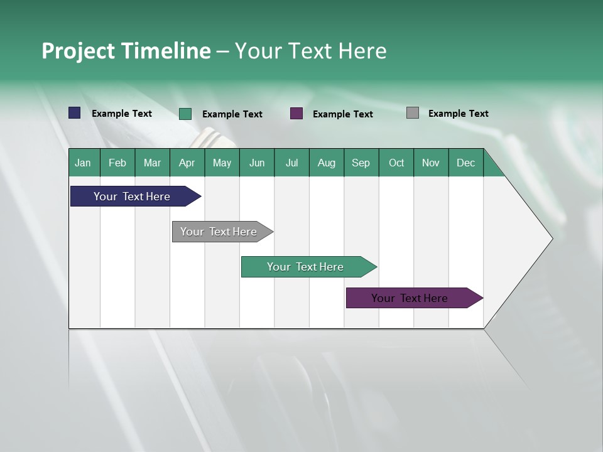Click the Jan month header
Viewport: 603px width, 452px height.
pyautogui.click(x=83, y=163)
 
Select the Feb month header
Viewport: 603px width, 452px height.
pyautogui.click(x=117, y=163)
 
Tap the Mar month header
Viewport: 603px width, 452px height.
pyautogui.click(x=152, y=163)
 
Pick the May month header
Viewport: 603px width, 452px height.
pyautogui.click(x=222, y=163)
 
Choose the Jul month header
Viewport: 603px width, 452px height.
pyautogui.click(x=291, y=163)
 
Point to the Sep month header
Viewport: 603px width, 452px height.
pyautogui.click(x=361, y=163)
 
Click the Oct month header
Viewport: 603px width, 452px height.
pyautogui.click(x=396, y=163)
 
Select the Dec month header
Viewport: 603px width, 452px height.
pyautogui.click(x=465, y=163)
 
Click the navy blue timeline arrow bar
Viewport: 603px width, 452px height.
pyautogui.click(x=132, y=196)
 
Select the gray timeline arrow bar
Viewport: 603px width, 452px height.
pyautogui.click(x=219, y=232)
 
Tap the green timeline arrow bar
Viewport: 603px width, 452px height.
pyautogui.click(x=305, y=267)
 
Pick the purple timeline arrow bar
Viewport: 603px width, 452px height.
pyautogui.click(x=410, y=298)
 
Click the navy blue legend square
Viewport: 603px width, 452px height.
pyautogui.click(x=75, y=113)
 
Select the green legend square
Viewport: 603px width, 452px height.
pyautogui.click(x=185, y=114)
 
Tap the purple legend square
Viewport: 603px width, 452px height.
pyautogui.click(x=296, y=114)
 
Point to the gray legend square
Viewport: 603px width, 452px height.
pyautogui.click(x=413, y=113)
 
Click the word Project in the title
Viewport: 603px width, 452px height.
pyautogui.click(x=79, y=51)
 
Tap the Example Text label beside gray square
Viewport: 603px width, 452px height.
pyautogui.click(x=458, y=114)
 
